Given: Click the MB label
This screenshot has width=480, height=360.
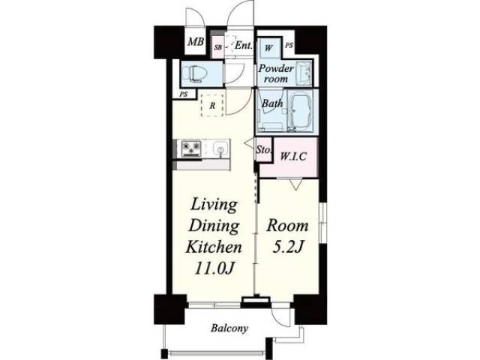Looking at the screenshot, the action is pyautogui.click(x=196, y=41).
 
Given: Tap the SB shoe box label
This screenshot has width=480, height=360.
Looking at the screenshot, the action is pyautogui.click(x=218, y=47).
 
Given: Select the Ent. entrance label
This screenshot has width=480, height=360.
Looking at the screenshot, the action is pyautogui.click(x=243, y=46).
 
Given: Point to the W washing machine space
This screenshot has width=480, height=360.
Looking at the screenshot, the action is pyautogui.click(x=268, y=48).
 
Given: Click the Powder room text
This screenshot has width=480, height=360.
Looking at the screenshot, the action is pyautogui.click(x=276, y=73).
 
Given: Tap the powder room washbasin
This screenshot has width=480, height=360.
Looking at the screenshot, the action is pyautogui.click(x=304, y=72).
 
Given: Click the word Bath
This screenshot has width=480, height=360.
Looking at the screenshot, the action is pyautogui.click(x=272, y=103).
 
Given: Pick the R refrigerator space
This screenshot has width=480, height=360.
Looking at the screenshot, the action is pyautogui.click(x=212, y=106).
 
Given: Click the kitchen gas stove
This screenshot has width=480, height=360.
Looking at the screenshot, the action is pyautogui.click(x=191, y=148).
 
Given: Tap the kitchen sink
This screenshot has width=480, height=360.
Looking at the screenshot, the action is pyautogui.click(x=220, y=149).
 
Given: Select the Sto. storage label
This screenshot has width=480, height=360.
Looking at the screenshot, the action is pyautogui.click(x=263, y=150).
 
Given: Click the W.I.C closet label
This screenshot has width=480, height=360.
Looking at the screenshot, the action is pyautogui.click(x=293, y=157).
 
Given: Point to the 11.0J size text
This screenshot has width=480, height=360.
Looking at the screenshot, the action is pyautogui.click(x=214, y=268).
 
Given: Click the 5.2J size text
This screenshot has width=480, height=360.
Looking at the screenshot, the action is pyautogui.click(x=287, y=247).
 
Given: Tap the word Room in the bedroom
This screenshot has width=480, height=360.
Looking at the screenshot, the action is pyautogui.click(x=287, y=226).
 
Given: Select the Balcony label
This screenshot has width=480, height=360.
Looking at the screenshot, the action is pyautogui.click(x=229, y=328).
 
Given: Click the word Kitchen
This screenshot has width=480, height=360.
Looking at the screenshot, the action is pyautogui.click(x=214, y=247).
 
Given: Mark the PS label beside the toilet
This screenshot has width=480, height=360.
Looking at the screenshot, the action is pyautogui.click(x=183, y=94).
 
